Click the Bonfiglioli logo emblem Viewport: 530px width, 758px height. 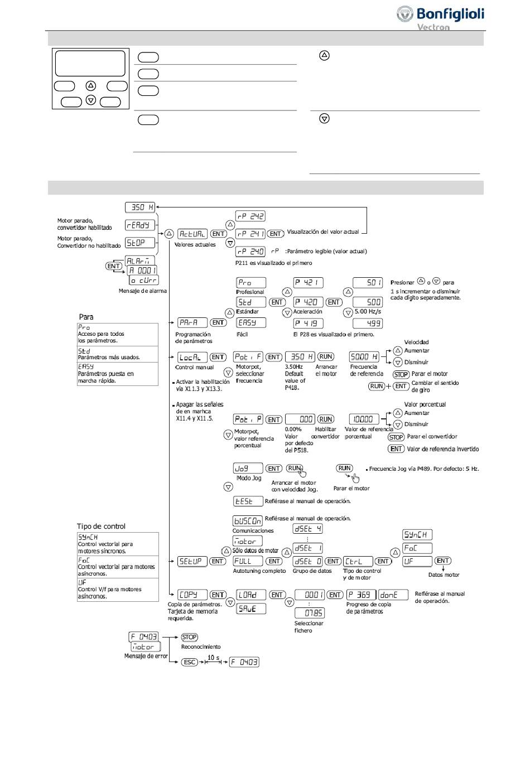[x=405, y=15]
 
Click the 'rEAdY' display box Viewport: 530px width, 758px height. [x=139, y=225]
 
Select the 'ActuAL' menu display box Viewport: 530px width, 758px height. [x=192, y=234]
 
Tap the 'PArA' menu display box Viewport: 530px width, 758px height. [x=192, y=323]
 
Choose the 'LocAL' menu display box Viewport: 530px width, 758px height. [x=192, y=358]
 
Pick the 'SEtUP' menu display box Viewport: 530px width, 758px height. [x=192, y=562]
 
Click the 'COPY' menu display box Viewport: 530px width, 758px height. [x=192, y=595]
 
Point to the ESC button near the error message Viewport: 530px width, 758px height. [x=190, y=662]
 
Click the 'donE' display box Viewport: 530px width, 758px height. [x=392, y=595]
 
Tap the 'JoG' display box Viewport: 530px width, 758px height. [x=248, y=469]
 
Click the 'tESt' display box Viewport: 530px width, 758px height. [x=248, y=501]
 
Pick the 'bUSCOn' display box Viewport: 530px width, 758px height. [x=248, y=521]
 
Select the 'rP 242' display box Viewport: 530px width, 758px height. [x=250, y=216]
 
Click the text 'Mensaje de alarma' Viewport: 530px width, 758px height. [x=142, y=291]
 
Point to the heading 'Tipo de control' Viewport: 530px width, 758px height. [x=101, y=527]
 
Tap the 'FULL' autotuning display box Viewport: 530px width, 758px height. [x=248, y=562]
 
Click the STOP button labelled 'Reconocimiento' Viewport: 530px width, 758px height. [x=190, y=638]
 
